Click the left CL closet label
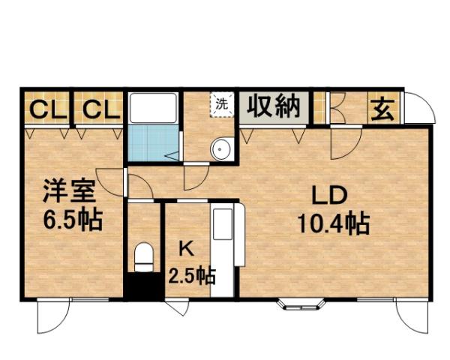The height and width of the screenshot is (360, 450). point(45,109)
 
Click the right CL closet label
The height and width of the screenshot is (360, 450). point(100,109)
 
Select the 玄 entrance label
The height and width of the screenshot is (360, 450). point(382,109)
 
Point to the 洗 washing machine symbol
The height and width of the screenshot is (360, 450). point(221,104)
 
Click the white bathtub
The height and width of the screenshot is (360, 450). point(153,109)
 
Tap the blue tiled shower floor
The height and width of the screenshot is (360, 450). point(153,144)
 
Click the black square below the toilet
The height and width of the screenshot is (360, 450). point(142,287)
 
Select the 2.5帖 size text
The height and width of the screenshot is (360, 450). point(191,276)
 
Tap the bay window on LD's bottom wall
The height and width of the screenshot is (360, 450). point(302,304)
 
